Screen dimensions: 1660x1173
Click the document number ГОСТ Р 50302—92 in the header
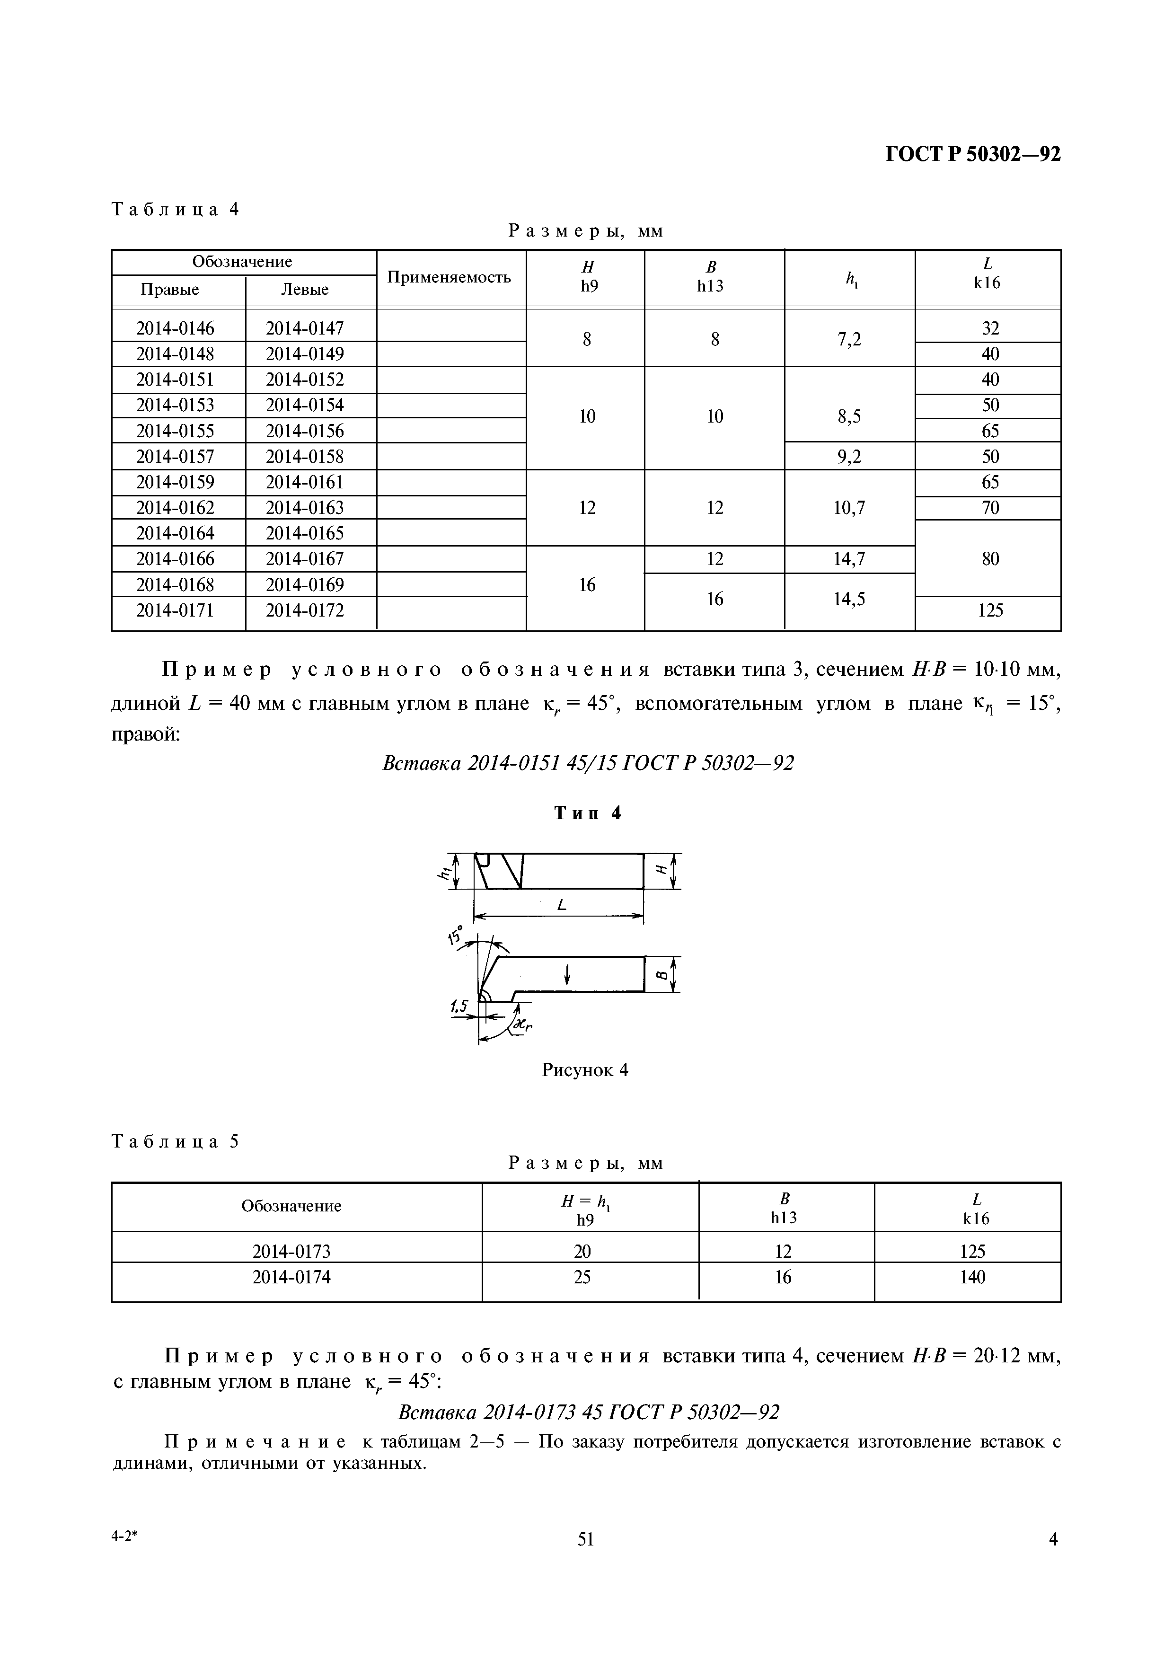973,154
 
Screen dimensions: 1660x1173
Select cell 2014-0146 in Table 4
175,328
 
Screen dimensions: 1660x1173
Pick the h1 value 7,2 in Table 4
849,339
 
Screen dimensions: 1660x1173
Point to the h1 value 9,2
849,457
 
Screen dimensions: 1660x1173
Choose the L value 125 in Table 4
989,611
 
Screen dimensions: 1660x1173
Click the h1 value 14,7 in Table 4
849,559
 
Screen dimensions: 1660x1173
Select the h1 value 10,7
849,508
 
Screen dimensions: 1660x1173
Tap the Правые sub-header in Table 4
170,290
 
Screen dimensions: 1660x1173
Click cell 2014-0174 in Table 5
291,1278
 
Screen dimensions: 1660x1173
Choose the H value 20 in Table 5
582,1252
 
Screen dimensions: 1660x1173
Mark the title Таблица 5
175,1142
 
